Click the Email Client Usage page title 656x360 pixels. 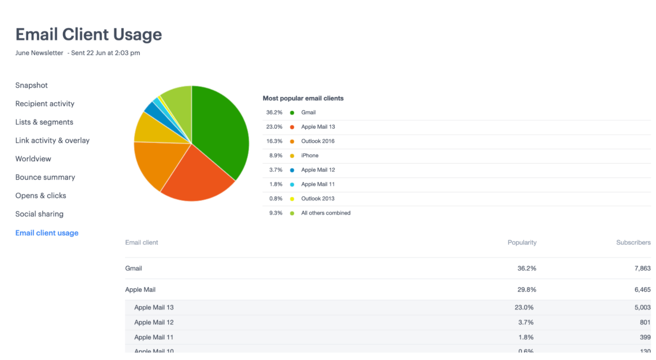point(89,34)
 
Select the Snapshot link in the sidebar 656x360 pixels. point(31,85)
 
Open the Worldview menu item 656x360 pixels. point(33,159)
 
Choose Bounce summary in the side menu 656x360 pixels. point(45,177)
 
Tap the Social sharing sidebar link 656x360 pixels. point(39,214)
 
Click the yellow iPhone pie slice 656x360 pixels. point(151,128)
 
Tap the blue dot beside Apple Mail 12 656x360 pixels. point(292,170)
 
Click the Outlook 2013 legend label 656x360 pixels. point(318,199)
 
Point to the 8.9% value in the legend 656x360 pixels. point(275,156)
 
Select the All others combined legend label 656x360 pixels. point(326,213)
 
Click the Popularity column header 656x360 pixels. point(522,242)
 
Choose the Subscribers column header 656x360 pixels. point(633,242)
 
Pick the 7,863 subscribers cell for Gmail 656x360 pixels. point(642,269)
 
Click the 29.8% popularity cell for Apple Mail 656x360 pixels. point(527,290)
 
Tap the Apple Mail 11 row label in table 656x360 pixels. point(154,337)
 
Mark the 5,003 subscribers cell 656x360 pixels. point(642,307)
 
